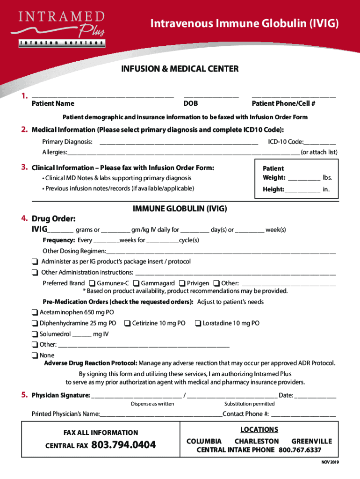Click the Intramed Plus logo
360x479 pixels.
point(61,28)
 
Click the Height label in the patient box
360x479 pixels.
point(273,189)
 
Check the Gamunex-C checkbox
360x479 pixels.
point(92,283)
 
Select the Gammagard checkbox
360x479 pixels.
point(136,283)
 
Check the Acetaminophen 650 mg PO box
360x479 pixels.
point(35,312)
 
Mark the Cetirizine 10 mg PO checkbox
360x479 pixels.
point(127,323)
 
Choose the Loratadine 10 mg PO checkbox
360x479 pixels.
point(198,323)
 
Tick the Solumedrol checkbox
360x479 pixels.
point(35,334)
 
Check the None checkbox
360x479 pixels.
point(35,356)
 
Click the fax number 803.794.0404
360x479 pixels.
point(124,445)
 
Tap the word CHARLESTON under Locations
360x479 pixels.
point(256,441)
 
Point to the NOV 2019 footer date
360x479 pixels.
point(329,462)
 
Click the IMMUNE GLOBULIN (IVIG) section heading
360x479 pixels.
point(180,209)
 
